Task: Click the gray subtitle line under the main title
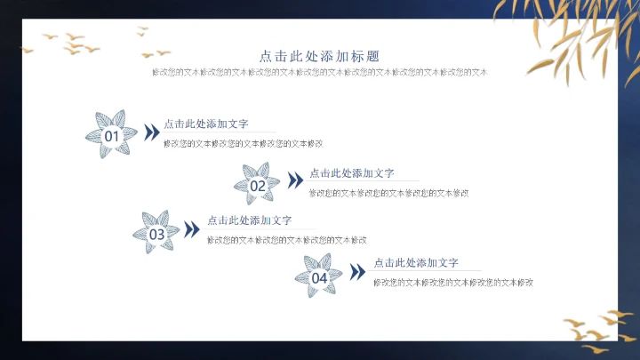(x=320, y=71)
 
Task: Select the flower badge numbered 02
(x=256, y=184)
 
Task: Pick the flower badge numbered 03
(x=156, y=233)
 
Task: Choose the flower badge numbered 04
(x=318, y=276)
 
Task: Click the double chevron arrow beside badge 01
(x=152, y=132)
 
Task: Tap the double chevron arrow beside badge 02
(x=296, y=180)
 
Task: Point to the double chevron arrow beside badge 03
(x=192, y=229)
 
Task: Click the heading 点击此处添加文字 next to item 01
(x=206, y=124)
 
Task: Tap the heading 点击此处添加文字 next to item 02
(x=352, y=173)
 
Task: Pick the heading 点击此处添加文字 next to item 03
(x=250, y=220)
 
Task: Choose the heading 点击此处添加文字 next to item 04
(x=416, y=263)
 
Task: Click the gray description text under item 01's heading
(x=243, y=143)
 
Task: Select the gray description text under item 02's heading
(x=388, y=192)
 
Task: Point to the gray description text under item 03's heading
(x=286, y=240)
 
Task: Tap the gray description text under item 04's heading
(x=452, y=283)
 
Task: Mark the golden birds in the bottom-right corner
(x=601, y=327)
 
